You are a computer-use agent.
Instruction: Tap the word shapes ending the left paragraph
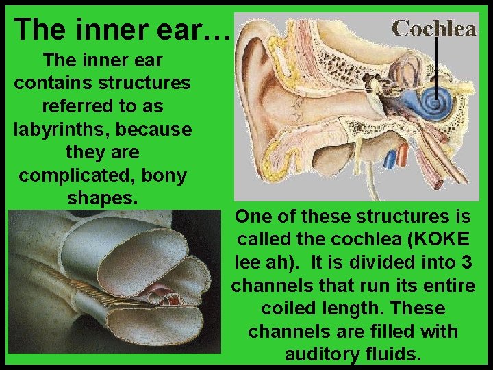pos(103,198)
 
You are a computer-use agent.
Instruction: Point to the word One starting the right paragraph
pos(253,217)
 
